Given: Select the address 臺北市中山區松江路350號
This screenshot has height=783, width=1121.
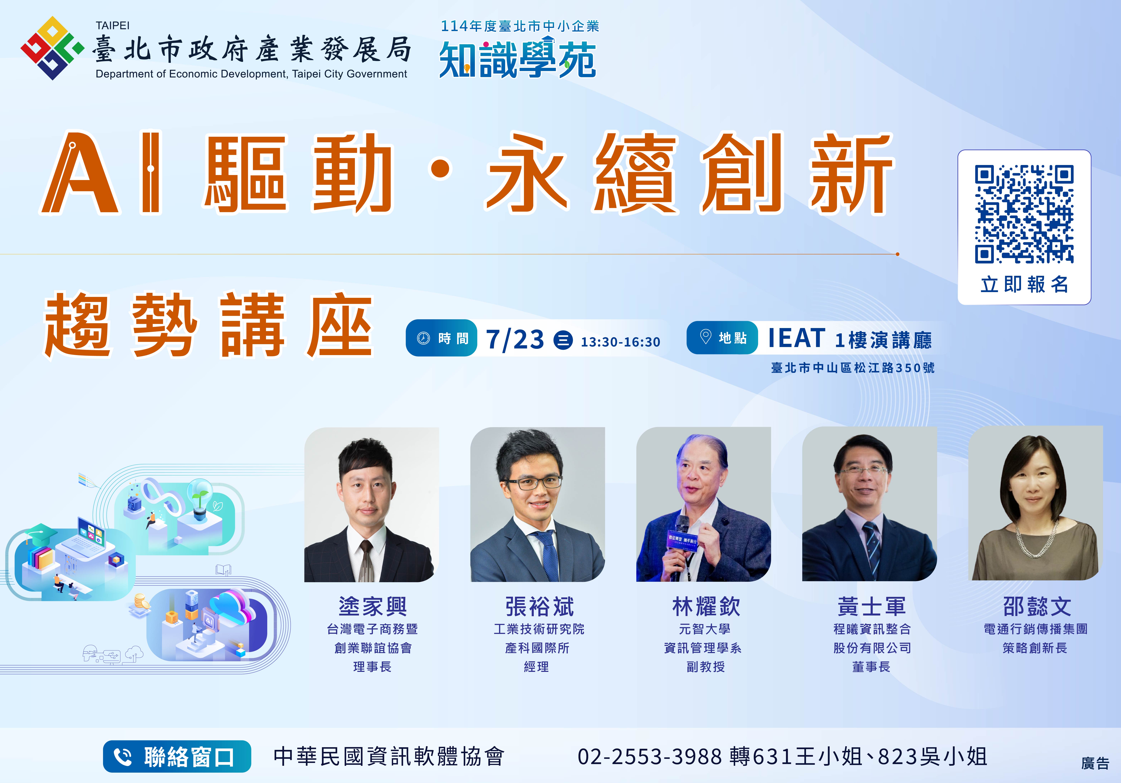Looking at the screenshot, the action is point(853,367).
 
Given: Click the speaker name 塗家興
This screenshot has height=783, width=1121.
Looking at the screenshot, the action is point(373,606).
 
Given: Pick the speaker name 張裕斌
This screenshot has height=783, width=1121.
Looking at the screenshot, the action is point(539,606).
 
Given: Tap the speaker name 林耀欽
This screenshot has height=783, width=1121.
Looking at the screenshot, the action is point(706,606).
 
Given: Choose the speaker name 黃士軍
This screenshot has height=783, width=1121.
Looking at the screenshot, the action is point(871,606).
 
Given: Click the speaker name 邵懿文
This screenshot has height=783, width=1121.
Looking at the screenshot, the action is point(1037,606).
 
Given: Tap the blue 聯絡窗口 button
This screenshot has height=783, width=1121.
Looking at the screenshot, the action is point(177,756).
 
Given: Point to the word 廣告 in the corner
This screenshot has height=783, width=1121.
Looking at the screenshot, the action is point(1095,763).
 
